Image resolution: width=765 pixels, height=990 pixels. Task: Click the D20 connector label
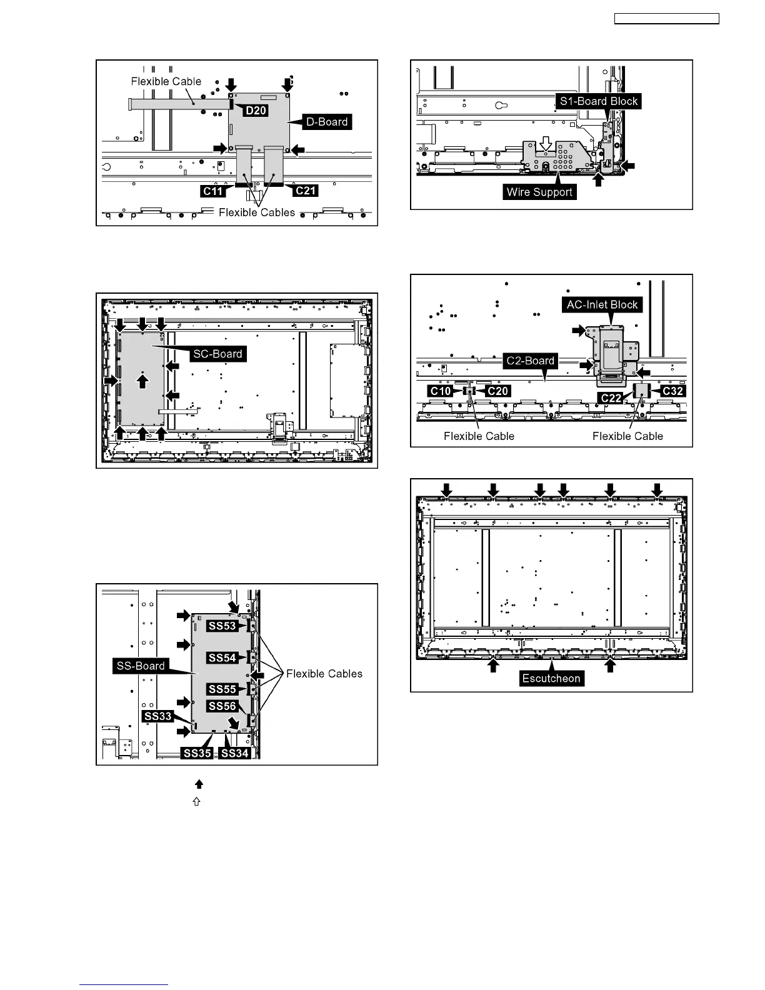(256, 111)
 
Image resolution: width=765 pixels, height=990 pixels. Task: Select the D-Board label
(327, 122)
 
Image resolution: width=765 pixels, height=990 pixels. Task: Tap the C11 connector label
(213, 191)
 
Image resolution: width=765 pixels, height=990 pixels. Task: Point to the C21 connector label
(306, 191)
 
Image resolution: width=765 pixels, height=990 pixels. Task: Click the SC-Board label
(217, 354)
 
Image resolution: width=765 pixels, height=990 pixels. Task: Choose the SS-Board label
(141, 666)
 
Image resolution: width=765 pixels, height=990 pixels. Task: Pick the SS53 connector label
(222, 626)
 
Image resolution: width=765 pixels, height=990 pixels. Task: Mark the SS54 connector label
(222, 657)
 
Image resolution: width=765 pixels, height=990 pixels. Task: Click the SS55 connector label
(222, 689)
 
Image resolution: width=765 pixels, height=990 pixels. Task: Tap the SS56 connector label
(222, 706)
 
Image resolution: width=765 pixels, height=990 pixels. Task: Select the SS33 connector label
(157, 716)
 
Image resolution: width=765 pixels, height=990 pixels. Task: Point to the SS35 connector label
(197, 753)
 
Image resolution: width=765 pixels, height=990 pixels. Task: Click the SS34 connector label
(235, 753)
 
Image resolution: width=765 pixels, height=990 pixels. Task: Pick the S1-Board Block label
(599, 101)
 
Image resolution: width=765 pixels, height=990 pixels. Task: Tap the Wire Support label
(539, 192)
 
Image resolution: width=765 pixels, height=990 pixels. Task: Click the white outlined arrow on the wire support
(546, 144)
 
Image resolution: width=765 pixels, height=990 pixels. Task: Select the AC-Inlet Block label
(602, 305)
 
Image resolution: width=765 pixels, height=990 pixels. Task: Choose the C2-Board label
(531, 361)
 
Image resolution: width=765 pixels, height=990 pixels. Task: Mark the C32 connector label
(672, 391)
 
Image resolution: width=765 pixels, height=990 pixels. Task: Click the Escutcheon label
(551, 678)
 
